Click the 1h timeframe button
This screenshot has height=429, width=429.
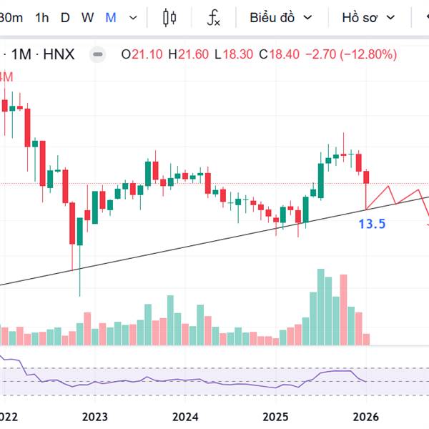42,18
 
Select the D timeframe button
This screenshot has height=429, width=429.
65,18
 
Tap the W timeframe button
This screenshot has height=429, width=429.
87,18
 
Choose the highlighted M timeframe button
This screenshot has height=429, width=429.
111,18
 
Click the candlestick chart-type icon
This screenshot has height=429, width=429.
169,18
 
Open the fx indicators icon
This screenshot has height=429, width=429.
213,18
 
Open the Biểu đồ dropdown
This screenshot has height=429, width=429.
280,18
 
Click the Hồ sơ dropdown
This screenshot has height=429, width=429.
368,18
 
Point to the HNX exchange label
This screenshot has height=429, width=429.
59,54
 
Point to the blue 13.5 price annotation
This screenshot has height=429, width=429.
372,224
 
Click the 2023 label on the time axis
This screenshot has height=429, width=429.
94,417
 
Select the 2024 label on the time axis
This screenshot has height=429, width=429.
185,417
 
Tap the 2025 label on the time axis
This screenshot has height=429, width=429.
275,417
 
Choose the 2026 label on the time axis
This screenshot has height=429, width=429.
366,417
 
